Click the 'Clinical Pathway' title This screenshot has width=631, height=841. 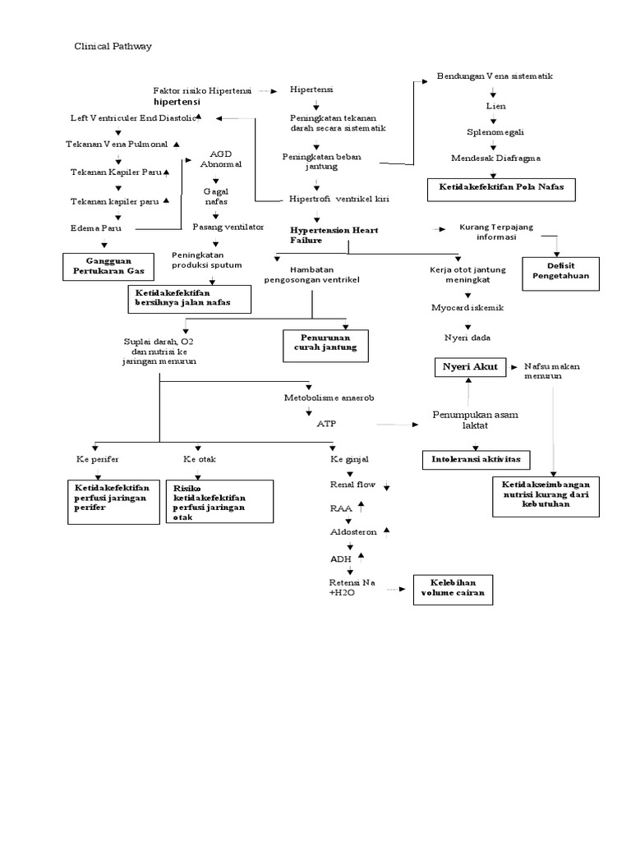[113, 47]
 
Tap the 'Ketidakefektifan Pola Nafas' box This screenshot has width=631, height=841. [500, 188]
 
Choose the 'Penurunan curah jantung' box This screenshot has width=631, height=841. [325, 345]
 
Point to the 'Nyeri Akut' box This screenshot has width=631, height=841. [467, 367]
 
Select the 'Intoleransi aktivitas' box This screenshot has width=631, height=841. [476, 459]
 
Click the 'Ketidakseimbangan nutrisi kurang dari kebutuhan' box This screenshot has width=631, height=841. [551, 493]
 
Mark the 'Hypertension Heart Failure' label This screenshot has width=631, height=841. [334, 236]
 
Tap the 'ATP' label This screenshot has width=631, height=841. [325, 424]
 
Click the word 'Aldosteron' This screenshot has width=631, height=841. [353, 532]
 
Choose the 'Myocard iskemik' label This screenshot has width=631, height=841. [467, 307]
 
